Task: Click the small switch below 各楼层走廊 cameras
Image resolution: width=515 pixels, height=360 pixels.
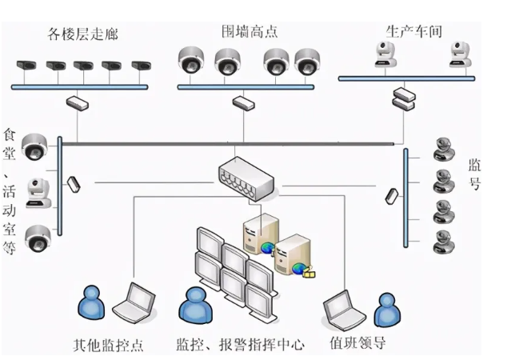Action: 78,102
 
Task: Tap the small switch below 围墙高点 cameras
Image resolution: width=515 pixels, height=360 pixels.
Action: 240,102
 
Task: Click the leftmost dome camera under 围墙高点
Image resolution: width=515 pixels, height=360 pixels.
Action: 192,61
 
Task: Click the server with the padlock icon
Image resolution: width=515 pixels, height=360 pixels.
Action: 291,255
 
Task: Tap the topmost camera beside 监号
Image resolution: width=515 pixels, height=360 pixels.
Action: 441,149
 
